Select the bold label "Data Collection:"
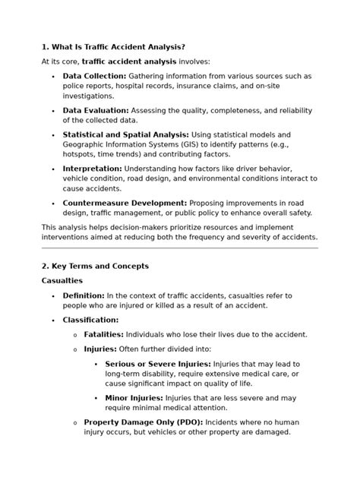(95, 77)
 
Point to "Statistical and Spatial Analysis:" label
(126, 134)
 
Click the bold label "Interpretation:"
(92, 168)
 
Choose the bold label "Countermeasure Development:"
(125, 203)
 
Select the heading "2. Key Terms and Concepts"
(95, 266)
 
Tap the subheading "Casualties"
(63, 280)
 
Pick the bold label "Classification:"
(90, 320)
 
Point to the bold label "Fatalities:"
(104, 334)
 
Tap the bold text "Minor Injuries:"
(134, 397)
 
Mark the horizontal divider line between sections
(179, 248)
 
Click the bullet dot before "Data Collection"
(52, 77)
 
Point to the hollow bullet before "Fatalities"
(74, 335)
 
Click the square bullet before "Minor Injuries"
(96, 397)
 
